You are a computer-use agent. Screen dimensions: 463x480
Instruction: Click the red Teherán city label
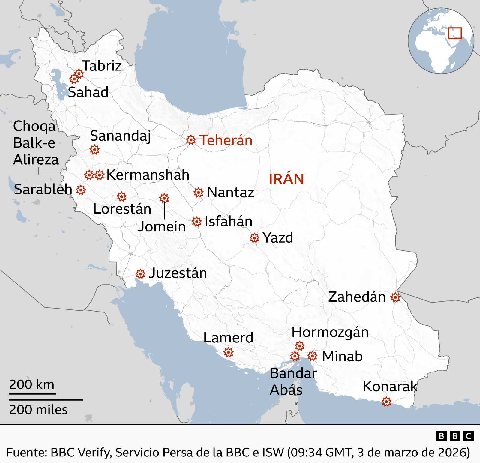[226, 140]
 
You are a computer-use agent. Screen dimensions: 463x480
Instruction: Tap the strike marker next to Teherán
[191, 140]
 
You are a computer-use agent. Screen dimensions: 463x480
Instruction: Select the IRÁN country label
[286, 179]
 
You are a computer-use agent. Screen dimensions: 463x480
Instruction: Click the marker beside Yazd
[254, 238]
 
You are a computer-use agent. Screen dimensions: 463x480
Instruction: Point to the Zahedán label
[357, 297]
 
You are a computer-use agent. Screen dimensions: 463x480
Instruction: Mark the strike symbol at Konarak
[386, 402]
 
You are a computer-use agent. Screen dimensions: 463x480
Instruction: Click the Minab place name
[342, 356]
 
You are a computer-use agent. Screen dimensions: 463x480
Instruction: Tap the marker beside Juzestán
[140, 274]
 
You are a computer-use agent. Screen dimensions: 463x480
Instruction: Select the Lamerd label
[228, 338]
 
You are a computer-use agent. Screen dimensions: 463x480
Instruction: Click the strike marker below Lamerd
[228, 352]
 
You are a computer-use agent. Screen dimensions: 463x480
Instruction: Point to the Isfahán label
[228, 221]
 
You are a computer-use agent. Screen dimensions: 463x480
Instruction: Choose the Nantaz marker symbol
[198, 193]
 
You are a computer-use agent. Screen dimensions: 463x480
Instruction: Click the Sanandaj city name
[120, 136]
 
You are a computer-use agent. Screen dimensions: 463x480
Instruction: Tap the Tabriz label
[102, 66]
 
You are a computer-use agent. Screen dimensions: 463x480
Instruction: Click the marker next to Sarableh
[81, 190]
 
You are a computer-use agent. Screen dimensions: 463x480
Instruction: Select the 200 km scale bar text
[32, 384]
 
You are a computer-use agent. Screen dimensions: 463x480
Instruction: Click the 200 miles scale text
[38, 410]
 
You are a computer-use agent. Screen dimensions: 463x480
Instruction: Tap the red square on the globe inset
[455, 33]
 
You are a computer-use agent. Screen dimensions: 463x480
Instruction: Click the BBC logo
[455, 436]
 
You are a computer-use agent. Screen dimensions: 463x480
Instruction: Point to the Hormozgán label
[330, 332]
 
